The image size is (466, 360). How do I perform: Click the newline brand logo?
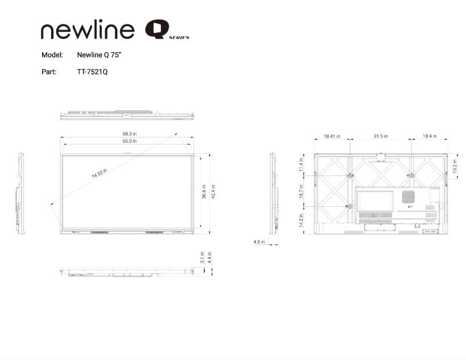pos(88,30)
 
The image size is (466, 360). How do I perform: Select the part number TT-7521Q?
pos(92,72)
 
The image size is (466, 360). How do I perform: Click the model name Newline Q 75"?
pos(99,55)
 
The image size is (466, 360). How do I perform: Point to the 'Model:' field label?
pos(52,55)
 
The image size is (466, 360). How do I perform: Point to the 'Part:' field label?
pos(49,72)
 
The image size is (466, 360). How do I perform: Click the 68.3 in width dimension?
pos(130,134)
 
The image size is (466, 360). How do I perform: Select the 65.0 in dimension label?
pos(130,141)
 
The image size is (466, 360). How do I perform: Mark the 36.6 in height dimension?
pos(205,192)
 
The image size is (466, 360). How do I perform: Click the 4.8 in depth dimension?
pos(259,242)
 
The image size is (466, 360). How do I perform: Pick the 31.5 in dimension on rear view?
pos(381,136)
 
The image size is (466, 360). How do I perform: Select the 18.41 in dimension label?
pos(332,136)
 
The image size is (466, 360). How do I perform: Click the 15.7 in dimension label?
pos(301,192)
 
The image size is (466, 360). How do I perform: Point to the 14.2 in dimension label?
pos(301,221)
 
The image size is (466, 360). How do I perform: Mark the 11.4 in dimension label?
pos(301,165)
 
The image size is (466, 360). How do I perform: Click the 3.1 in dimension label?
pos(202,257)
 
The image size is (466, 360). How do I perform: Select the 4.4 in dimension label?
pos(210,257)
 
